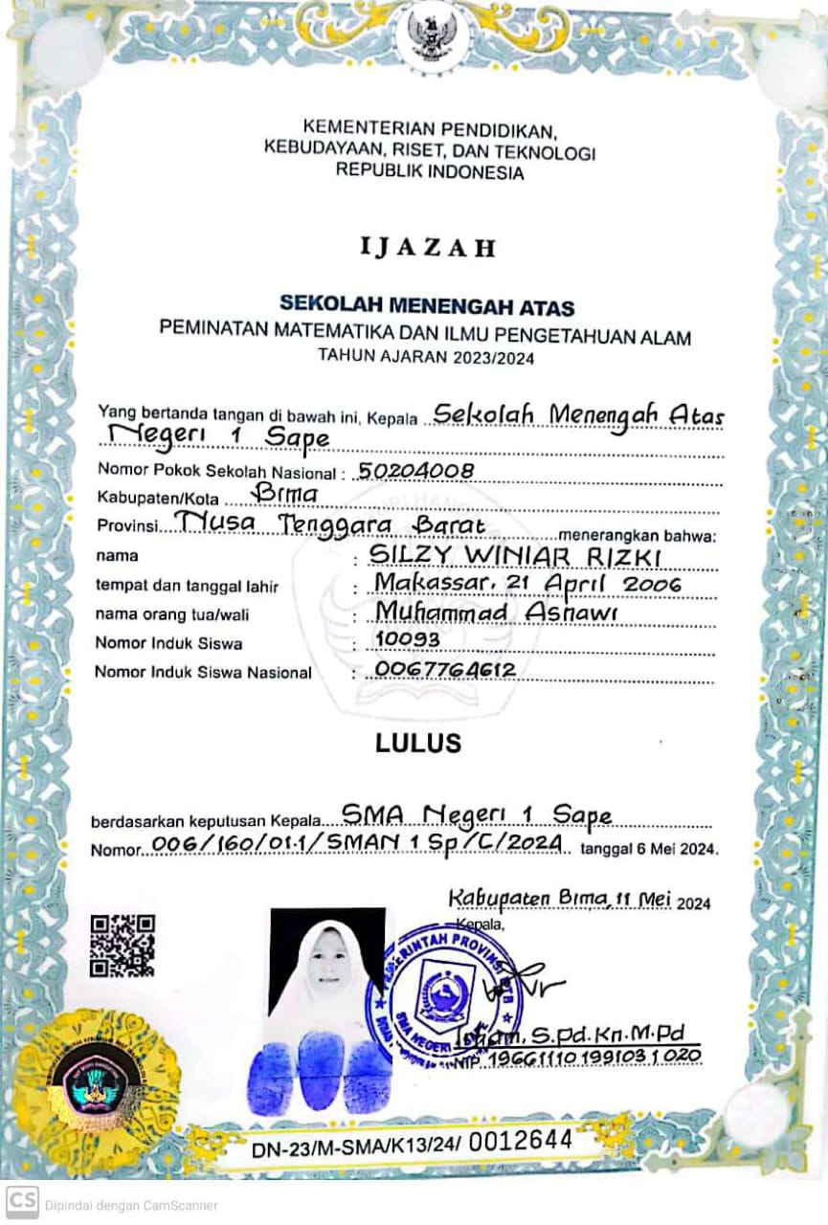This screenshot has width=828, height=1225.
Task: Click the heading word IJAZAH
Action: [429, 248]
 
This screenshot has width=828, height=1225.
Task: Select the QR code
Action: [123, 946]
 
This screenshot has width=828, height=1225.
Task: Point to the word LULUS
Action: [418, 743]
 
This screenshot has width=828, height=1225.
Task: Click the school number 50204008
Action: [414, 470]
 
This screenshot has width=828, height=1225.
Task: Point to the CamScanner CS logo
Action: [22, 1204]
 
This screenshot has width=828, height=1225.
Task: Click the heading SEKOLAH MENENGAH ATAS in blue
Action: [427, 306]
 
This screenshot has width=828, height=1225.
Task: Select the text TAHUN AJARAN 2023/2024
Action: [426, 358]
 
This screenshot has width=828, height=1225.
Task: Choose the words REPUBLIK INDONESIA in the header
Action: [430, 173]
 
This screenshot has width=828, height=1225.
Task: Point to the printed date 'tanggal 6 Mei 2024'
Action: [649, 849]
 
